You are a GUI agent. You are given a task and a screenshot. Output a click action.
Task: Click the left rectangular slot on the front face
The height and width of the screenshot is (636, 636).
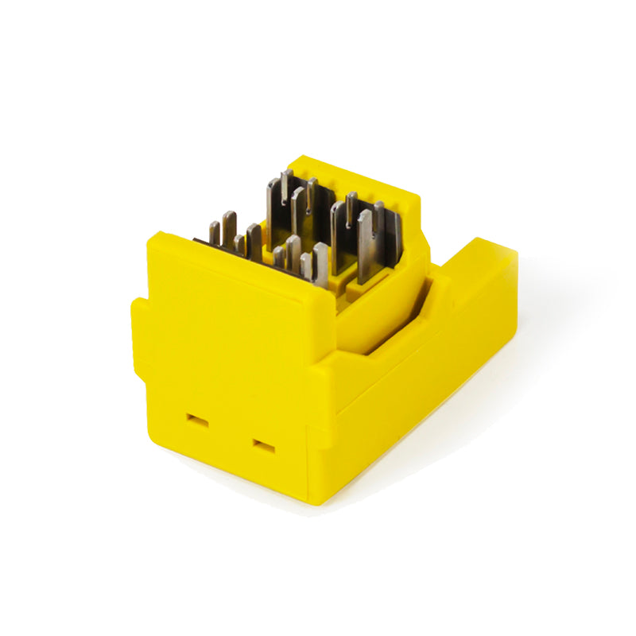click(196, 421)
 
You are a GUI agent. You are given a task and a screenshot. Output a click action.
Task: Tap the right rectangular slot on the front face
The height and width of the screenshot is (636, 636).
click(263, 446)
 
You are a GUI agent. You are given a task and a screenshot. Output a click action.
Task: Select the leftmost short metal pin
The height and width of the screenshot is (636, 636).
click(214, 232)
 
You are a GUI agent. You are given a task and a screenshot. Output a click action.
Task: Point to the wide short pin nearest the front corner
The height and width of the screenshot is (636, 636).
click(320, 264)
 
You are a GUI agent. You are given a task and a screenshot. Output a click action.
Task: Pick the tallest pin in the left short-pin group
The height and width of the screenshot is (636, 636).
click(229, 226)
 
